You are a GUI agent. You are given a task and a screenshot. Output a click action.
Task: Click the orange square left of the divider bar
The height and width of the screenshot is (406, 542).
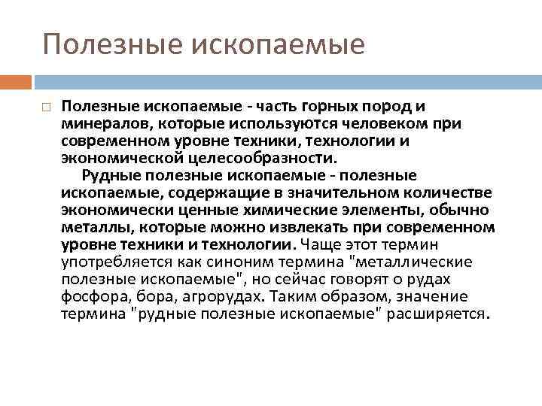point(16,80)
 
